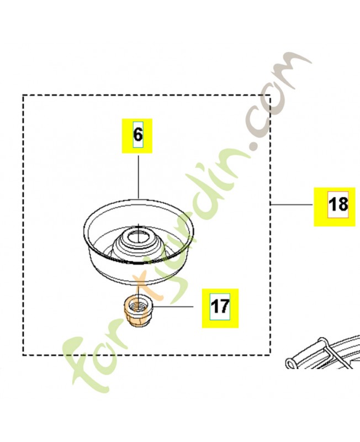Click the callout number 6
click(137, 135)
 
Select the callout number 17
click(220, 307)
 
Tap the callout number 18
click(338, 204)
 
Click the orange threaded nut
click(138, 313)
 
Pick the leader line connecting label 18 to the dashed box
click(292, 203)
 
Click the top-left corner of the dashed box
click(23, 96)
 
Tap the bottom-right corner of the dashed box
click(270, 355)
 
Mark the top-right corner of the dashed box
click(270, 96)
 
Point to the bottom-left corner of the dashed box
click(23, 355)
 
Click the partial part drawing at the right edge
click(324, 352)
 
